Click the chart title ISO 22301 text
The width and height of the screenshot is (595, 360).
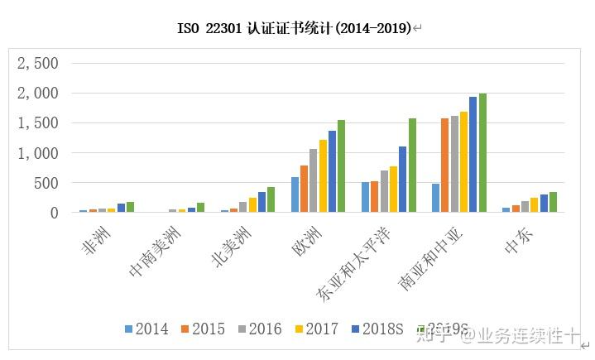297,29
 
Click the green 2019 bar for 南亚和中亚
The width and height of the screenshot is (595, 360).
482,153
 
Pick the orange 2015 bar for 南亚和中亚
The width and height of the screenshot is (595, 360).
445,166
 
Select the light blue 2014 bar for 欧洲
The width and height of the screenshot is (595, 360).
295,195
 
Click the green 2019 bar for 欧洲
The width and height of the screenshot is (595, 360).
341,166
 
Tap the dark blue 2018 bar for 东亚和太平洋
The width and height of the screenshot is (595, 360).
403,180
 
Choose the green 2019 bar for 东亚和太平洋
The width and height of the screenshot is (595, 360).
412,166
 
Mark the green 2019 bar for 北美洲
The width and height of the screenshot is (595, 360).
271,199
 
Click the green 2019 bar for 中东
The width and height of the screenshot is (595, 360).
553,203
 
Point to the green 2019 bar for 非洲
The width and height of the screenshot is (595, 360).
129,207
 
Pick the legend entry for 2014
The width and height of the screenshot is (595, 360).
146,329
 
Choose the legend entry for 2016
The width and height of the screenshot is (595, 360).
258,329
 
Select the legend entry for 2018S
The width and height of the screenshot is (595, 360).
377,329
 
